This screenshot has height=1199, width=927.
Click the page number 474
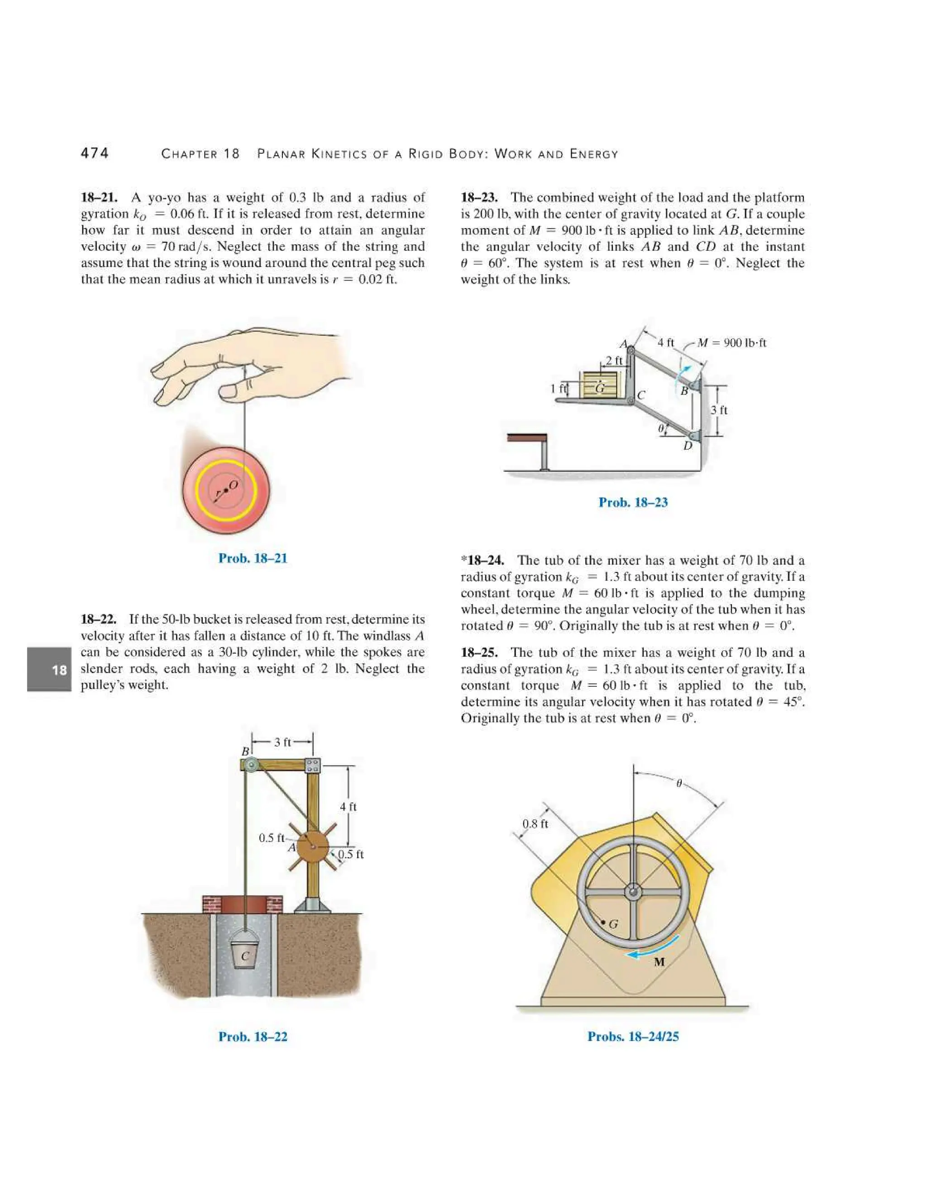tap(95, 153)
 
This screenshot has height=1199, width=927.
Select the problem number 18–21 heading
tap(101, 198)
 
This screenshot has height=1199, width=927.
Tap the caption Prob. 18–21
tap(253, 558)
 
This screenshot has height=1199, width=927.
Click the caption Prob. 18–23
tap(633, 502)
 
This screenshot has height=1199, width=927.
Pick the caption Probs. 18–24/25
tap(633, 1037)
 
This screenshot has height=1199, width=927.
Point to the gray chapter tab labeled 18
tap(49, 669)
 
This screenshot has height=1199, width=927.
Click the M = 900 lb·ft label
tap(731, 343)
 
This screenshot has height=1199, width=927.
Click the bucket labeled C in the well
tap(245, 955)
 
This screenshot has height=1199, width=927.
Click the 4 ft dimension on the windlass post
tap(348, 806)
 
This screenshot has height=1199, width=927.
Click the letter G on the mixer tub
tap(613, 924)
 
